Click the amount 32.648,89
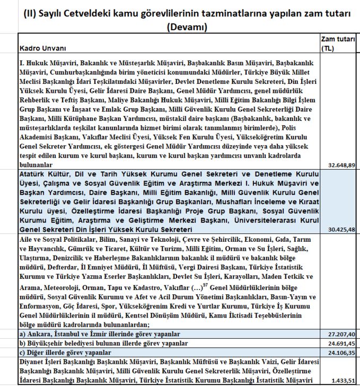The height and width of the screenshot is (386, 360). [339, 165]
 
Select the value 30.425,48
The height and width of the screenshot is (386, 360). [339, 230]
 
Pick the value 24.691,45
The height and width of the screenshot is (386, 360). [339, 344]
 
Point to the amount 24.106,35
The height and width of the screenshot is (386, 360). [339, 352]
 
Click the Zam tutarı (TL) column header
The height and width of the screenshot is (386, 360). [338, 43]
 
